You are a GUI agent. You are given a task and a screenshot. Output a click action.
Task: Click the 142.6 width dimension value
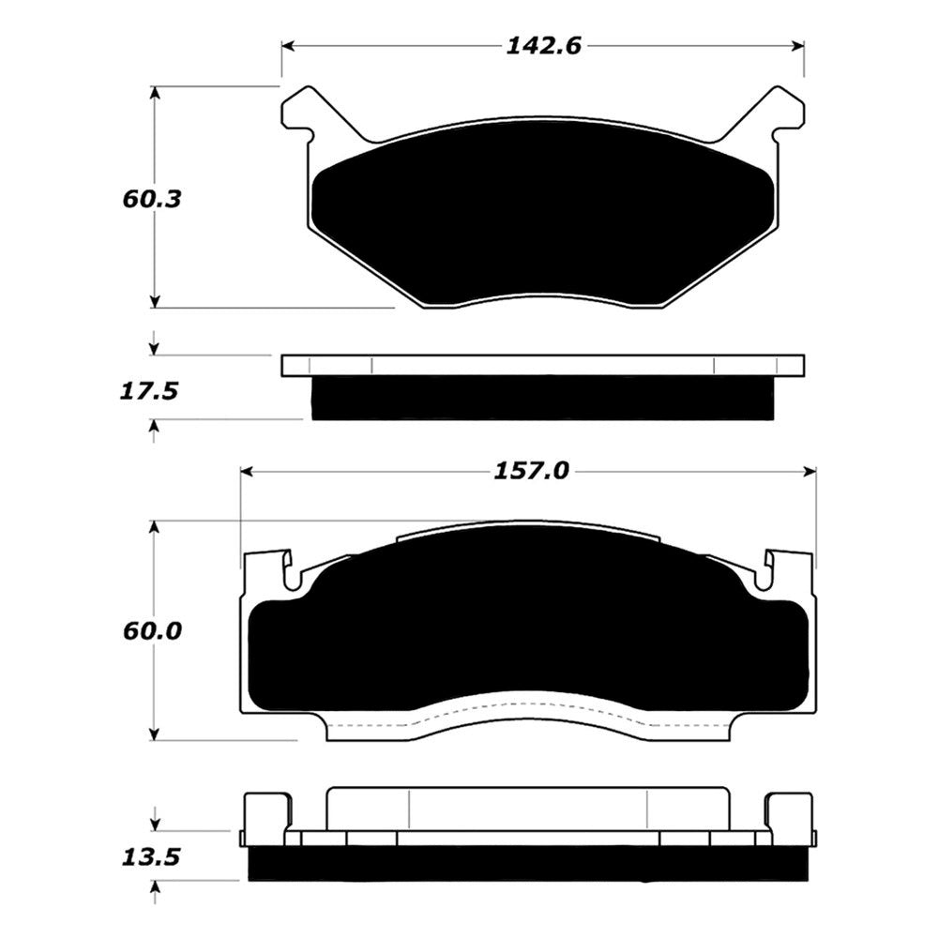pyautogui.click(x=543, y=46)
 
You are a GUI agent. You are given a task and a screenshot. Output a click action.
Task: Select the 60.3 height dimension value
pyautogui.click(x=151, y=199)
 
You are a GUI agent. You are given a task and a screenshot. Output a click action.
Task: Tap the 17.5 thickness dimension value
pyautogui.click(x=149, y=392)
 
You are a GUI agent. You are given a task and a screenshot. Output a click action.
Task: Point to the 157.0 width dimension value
pyautogui.click(x=531, y=472)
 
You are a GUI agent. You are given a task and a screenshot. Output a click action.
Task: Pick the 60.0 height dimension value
pyautogui.click(x=152, y=631)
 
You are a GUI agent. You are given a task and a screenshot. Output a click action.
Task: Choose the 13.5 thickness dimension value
pyautogui.click(x=151, y=858)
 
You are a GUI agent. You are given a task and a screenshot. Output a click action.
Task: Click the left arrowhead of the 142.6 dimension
pyautogui.click(x=288, y=47)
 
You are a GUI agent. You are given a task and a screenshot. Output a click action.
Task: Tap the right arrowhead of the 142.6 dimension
pyautogui.click(x=796, y=47)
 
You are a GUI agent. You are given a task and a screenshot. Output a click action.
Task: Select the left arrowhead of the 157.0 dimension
pyautogui.click(x=247, y=472)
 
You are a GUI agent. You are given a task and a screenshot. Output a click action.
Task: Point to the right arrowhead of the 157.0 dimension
pyautogui.click(x=809, y=472)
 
